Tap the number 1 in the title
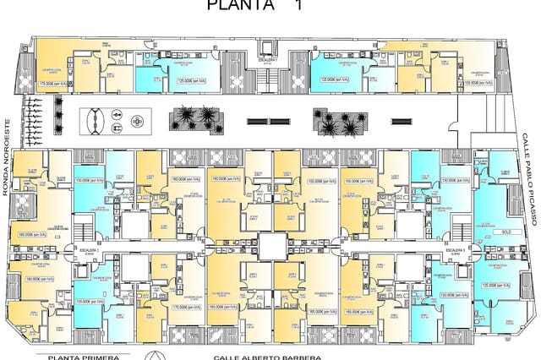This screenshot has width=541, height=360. [x=297, y=5]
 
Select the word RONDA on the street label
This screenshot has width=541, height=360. [x=5, y=182]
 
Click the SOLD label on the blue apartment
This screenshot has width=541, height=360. [x=506, y=230]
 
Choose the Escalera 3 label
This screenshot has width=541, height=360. [x=454, y=251]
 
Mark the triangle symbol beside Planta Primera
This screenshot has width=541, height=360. [x=153, y=355]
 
